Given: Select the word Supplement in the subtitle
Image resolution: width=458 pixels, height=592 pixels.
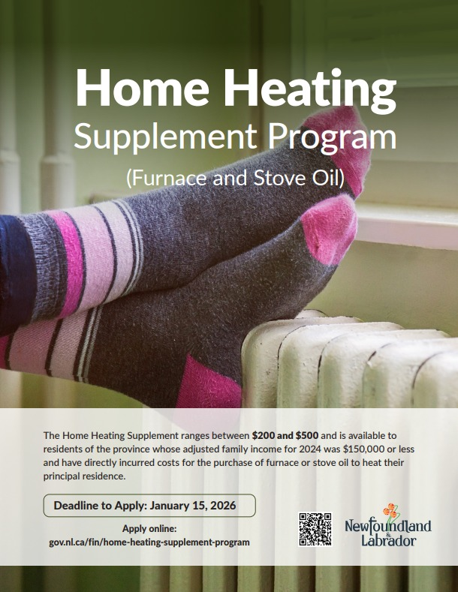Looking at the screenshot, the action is pos(165,137).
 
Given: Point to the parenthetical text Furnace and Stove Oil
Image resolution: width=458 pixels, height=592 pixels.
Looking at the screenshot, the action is pos(235,179).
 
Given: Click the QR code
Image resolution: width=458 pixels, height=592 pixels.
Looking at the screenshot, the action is pos(315,529).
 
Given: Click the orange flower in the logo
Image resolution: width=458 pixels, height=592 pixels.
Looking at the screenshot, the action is pos(390,510).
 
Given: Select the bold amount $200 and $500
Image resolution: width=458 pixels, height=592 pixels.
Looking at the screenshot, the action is pos(285,435).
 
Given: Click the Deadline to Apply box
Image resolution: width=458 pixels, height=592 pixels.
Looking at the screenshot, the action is pos(149,505).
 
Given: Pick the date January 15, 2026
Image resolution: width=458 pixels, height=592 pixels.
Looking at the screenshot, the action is pos(193,506).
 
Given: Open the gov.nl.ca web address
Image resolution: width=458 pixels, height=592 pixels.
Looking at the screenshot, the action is pos(149,542).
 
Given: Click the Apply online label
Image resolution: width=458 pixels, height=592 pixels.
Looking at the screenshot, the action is pos(149,528).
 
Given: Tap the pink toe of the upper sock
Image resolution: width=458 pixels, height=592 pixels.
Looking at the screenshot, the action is pos(338,147).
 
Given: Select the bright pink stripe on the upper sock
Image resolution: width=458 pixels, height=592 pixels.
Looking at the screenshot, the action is pos(68,260).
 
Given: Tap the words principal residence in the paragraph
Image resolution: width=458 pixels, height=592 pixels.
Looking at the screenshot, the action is pos(84,476).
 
